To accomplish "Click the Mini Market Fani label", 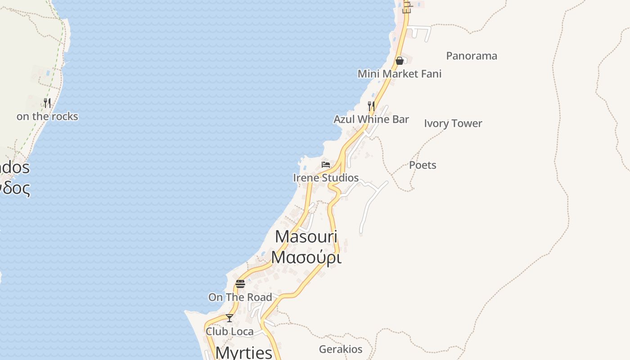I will coord(400,74).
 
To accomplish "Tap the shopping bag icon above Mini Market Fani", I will coord(399,61).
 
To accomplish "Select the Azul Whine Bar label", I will coord(371,119).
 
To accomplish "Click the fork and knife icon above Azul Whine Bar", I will coord(371,106).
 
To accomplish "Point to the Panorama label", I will coord(472,56).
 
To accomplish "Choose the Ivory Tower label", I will coord(453,123).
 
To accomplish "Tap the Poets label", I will coord(423,165).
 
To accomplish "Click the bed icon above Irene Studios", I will coord(326,165).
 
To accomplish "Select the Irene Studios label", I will coord(326,178).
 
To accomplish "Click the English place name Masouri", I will coord(306,237).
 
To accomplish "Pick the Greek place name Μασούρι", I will coord(306,257).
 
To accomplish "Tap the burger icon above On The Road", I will coord(240,284).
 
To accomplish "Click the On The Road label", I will coord(240,297).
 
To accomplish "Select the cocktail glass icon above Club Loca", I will coord(229,318).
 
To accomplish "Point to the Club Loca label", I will coord(229,332).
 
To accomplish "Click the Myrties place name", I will coord(244,352).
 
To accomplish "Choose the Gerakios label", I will coord(341,349).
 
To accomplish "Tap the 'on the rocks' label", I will coord(47,117).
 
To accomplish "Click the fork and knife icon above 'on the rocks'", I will coord(47,103).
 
